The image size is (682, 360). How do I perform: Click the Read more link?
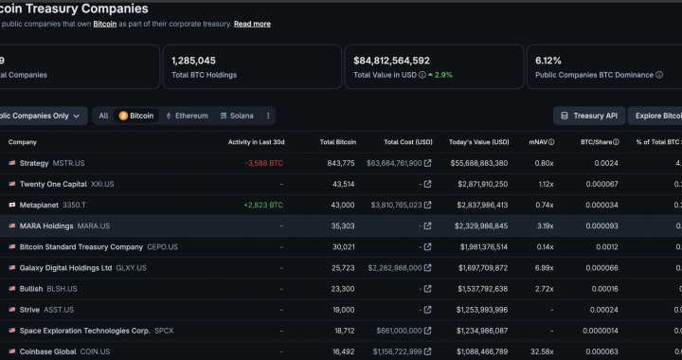pos(252,24)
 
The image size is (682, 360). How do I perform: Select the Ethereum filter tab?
pos(187,116)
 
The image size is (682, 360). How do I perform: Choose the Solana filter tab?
pos(237,116)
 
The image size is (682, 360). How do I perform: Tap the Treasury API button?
pos(589,116)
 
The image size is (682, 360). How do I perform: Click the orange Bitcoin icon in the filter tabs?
pos(123,116)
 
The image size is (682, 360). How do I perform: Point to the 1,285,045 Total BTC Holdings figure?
pos(193,61)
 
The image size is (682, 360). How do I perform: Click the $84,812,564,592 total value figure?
pos(391,61)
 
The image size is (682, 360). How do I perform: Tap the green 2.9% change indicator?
pos(440,75)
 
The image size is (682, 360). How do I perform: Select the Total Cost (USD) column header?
pos(408,142)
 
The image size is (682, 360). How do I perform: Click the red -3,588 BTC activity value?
pos(264,164)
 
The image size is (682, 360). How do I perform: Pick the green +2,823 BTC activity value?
pos(263,206)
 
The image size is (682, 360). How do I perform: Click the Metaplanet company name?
pos(39,206)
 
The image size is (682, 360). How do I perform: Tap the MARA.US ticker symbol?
pos(94,226)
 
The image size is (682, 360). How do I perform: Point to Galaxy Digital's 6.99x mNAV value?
pos(544,268)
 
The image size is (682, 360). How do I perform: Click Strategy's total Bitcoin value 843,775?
pos(341,164)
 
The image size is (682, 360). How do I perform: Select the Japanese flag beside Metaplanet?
pos(12,205)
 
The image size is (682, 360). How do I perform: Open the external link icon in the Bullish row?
pos(427,289)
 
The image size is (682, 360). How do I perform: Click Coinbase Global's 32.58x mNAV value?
pos(542,351)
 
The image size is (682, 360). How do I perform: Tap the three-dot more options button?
pos(268,116)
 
